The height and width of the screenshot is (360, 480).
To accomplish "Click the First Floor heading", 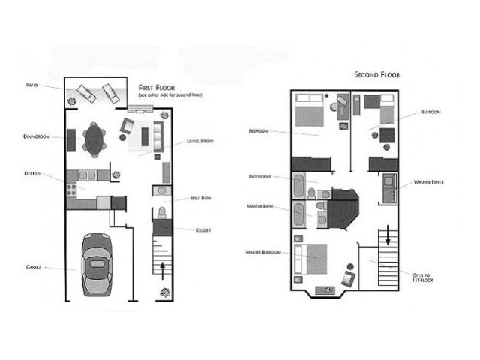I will tap(154, 88).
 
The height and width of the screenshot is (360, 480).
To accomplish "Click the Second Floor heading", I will tap(376, 75).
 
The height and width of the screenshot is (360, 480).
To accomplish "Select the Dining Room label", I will tap(35, 136).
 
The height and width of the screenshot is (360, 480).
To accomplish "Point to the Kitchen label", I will tap(31, 173).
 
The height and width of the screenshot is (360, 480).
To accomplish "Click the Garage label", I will tap(33, 266).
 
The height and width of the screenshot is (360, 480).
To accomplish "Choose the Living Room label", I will tap(199, 141).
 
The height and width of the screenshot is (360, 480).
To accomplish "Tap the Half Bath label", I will tap(200, 198).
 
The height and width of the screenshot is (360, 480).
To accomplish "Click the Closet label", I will tap(203, 230).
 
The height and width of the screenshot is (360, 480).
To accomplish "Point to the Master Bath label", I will tap(259, 206).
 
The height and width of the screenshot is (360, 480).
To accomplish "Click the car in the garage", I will tap(96, 264).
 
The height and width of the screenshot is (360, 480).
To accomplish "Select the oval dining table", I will tap(94, 139).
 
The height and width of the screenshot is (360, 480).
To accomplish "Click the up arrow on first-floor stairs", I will tap(164, 266).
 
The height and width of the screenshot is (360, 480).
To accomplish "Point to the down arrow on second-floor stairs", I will tap(388, 237).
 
